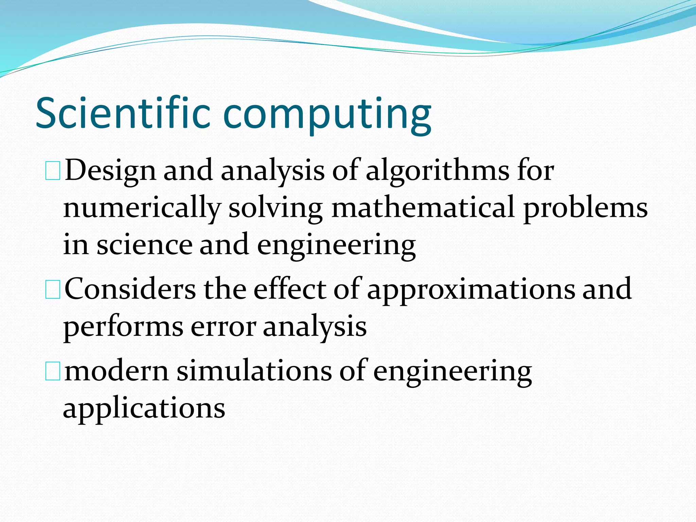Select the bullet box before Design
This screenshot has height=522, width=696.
[53, 171]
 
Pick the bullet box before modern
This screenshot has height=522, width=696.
[53, 371]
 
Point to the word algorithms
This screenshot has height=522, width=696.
[438, 171]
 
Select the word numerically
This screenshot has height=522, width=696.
[142, 208]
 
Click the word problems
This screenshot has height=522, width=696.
[586, 208]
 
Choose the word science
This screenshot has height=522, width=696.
[145, 245]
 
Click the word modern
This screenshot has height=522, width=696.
[117, 371]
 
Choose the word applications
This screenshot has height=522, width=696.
[144, 409]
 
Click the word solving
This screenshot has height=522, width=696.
[276, 208]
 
